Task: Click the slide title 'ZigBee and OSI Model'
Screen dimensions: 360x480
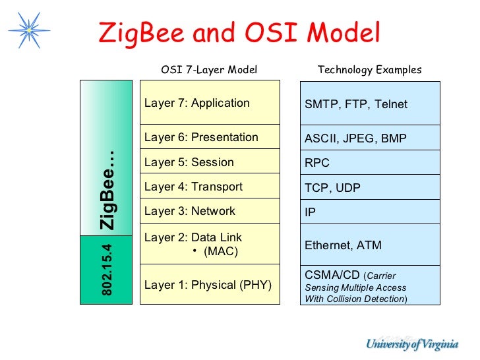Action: point(239,33)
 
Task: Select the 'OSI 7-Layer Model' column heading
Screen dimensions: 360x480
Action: point(209,70)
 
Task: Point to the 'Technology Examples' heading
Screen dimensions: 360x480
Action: point(369,70)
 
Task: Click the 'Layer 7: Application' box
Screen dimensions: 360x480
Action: point(210,103)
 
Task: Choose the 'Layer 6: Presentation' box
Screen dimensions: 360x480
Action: point(210,137)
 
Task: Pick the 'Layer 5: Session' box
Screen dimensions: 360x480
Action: point(210,162)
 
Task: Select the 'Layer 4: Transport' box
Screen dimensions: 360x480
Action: point(210,187)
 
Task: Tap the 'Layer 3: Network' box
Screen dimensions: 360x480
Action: point(210,211)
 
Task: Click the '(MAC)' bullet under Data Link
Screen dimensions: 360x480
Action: point(220,251)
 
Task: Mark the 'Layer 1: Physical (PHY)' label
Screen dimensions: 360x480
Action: point(208,285)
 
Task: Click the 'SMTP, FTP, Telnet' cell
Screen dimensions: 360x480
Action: point(369,104)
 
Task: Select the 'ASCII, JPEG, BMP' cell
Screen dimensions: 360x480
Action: point(369,138)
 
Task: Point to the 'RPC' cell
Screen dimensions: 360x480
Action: point(369,163)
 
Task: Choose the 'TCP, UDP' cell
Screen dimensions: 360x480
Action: point(369,188)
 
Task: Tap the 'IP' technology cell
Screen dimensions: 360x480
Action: point(369,212)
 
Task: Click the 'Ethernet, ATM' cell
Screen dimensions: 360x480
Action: point(369,245)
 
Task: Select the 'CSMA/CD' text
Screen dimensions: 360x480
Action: point(332,275)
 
